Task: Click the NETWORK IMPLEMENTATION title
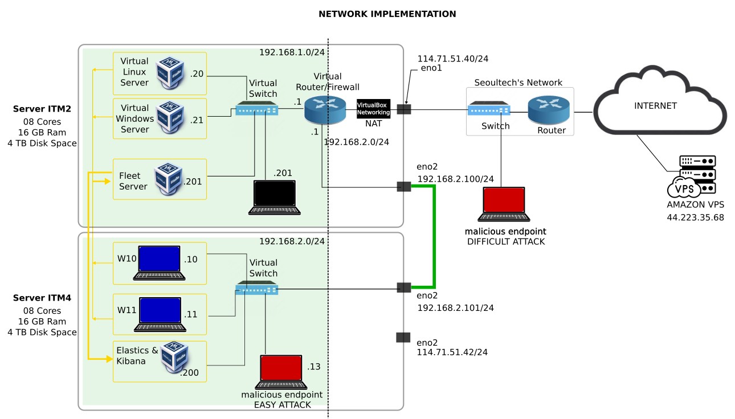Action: click(387, 14)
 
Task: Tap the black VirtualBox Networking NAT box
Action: click(373, 109)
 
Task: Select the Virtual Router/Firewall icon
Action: click(324, 110)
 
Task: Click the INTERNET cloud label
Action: click(655, 106)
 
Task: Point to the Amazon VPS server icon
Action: click(691, 175)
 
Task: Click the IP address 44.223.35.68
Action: click(695, 217)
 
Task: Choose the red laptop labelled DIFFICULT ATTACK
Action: click(504, 204)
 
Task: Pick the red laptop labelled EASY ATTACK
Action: click(281, 372)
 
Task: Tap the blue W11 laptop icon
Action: click(160, 314)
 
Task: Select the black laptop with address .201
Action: click(274, 197)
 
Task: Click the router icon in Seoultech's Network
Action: click(548, 110)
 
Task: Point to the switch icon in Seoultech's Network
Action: click(488, 109)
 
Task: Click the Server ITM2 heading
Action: click(42, 109)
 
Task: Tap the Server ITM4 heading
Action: click(42, 298)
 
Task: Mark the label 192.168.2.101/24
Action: click(455, 308)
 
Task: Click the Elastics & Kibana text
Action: click(137, 356)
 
